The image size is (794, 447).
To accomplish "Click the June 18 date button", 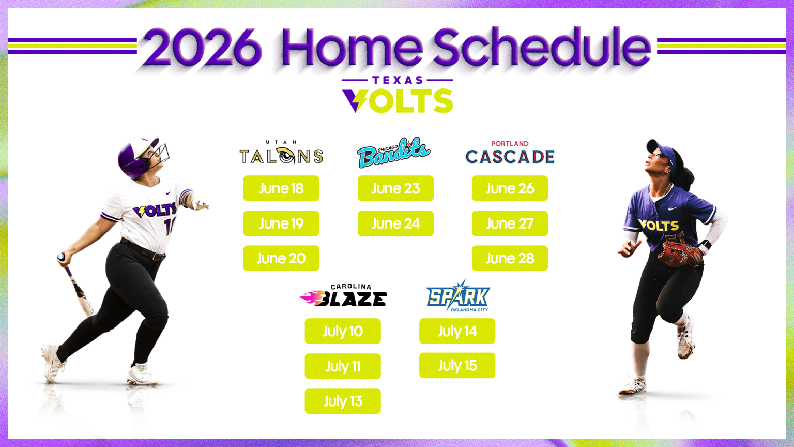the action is [281, 188].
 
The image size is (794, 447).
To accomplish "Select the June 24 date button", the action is [395, 224].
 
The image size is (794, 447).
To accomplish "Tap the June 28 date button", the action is [510, 258].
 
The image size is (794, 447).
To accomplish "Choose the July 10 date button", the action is [343, 331].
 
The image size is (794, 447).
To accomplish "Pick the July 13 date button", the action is [343, 401].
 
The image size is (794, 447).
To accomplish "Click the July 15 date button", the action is [457, 365].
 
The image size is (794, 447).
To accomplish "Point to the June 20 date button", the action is [281, 258].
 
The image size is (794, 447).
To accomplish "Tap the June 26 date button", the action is [510, 188].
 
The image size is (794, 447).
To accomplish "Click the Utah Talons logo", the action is [281, 153].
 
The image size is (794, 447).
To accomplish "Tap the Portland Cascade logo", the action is [510, 152].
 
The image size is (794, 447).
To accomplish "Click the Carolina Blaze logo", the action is [343, 295].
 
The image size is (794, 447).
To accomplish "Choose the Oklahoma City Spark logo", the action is [458, 296].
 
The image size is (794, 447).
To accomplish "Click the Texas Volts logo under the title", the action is [398, 94].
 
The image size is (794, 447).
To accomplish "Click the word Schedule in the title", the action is [542, 47].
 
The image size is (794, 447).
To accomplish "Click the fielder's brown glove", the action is [680, 254].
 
